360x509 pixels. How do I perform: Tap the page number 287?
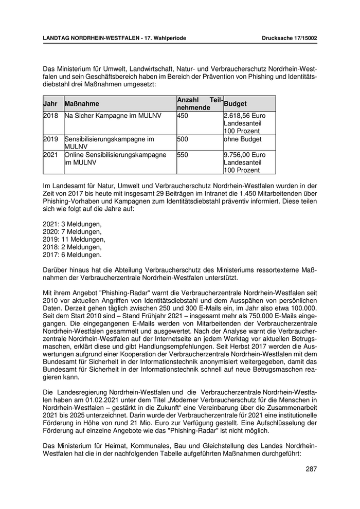pos(311,468)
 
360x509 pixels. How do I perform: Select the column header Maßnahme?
pos(82,104)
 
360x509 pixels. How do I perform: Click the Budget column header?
pos(236,104)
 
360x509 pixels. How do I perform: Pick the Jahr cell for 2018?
pos(50,116)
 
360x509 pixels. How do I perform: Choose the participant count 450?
pos(183,116)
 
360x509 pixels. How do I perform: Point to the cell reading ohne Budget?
pos(243,139)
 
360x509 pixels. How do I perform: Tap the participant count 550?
pos(183,155)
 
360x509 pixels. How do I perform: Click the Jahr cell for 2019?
pos(50,139)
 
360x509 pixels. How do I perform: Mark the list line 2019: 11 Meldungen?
pos(74,239)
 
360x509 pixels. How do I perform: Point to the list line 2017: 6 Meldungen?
pos(72,254)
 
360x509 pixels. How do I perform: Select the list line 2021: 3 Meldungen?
pos(72,224)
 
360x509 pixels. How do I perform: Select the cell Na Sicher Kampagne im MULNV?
pos(112,116)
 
